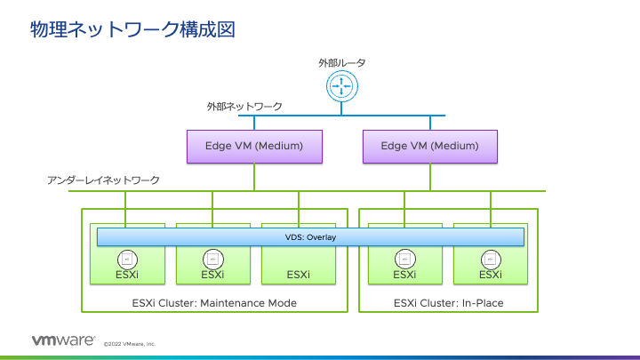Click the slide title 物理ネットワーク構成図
click(x=132, y=29)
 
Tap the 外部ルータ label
click(x=342, y=63)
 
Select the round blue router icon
click(x=341, y=87)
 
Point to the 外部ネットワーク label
click(x=244, y=107)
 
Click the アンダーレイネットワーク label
click(x=103, y=180)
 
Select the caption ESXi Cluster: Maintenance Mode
click(x=213, y=303)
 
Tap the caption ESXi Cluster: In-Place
click(x=448, y=303)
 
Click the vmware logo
click(x=63, y=340)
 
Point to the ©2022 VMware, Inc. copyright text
click(x=130, y=343)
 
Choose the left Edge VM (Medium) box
click(x=254, y=146)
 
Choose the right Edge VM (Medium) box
click(x=430, y=146)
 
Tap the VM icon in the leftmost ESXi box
click(x=126, y=259)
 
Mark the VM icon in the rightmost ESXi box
click(x=490, y=259)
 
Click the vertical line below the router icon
click(x=341, y=108)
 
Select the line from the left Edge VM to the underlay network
click(x=254, y=176)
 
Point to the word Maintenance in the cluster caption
click(x=236, y=303)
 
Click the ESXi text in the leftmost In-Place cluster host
click(x=404, y=275)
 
